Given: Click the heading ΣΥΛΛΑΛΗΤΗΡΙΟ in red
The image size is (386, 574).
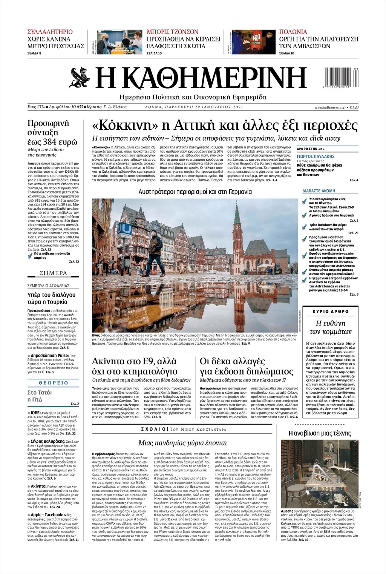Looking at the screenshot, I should coord(50,32).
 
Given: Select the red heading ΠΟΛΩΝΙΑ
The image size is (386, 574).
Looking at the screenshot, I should coord(293,32).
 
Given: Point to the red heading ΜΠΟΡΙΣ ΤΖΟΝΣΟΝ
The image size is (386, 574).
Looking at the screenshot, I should coord(172,32).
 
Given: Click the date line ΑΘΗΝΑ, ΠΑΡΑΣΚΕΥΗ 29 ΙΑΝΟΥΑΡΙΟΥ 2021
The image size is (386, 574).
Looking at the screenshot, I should coord(194,107).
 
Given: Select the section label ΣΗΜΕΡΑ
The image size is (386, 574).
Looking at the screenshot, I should coord(53,273).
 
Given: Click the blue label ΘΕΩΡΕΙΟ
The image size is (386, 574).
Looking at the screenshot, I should coord(53,383).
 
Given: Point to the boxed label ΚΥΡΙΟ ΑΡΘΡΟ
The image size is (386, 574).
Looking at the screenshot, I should coord(331,312).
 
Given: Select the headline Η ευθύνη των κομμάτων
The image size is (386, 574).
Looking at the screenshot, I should coord(330,327).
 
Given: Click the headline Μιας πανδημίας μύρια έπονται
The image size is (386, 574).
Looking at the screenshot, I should coord(182,443).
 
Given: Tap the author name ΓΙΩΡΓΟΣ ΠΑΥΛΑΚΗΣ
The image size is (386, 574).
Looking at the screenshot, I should coord(316,156).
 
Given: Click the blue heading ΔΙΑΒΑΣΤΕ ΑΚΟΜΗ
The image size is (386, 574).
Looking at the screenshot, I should coord(319,191).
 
